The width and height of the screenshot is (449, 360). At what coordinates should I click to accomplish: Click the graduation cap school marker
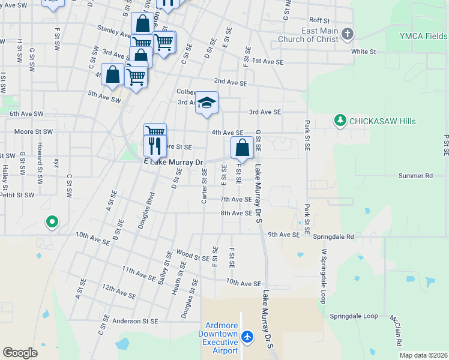tap(206, 103)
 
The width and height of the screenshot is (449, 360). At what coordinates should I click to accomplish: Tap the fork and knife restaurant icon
tap(155, 146)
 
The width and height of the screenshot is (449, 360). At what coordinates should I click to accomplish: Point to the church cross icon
tap(348, 35)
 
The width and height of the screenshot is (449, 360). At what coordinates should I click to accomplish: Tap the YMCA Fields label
tap(424, 35)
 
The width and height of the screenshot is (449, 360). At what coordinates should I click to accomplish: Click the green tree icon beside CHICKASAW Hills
tap(340, 121)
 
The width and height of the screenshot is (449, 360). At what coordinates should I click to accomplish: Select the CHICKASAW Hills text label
tap(382, 121)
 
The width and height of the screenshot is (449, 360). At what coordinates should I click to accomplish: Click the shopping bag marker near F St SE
tap(241, 148)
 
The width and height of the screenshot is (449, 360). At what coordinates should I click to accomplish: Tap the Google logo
tap(20, 353)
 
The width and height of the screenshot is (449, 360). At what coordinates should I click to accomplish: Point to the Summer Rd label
tap(415, 176)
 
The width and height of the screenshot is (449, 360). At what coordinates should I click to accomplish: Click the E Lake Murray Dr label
tap(174, 163)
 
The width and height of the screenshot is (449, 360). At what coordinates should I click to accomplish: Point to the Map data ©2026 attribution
tap(423, 355)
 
